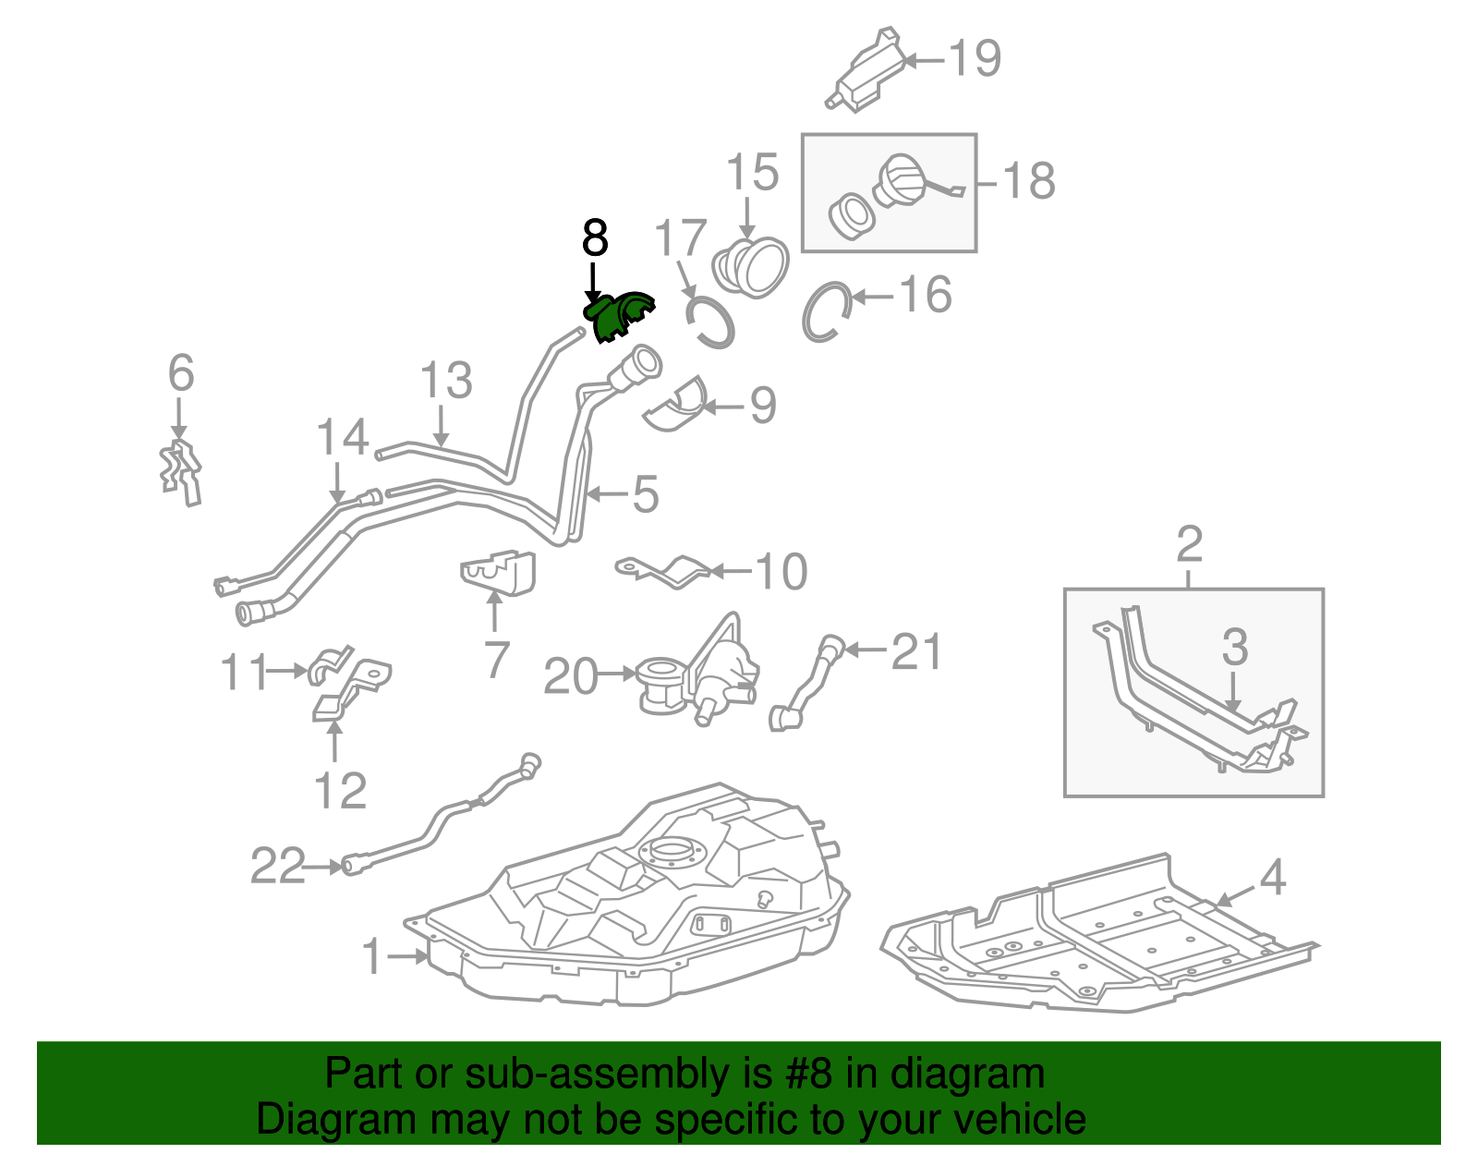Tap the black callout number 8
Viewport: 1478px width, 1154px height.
coord(595,238)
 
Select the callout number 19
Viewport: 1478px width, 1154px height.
coord(975,59)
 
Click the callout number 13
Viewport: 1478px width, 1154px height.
coord(446,381)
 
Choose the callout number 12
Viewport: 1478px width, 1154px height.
coord(340,791)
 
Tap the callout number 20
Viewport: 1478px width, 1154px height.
coord(570,676)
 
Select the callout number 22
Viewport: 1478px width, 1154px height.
coord(277,867)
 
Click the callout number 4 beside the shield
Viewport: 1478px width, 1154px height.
coord(1273,876)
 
